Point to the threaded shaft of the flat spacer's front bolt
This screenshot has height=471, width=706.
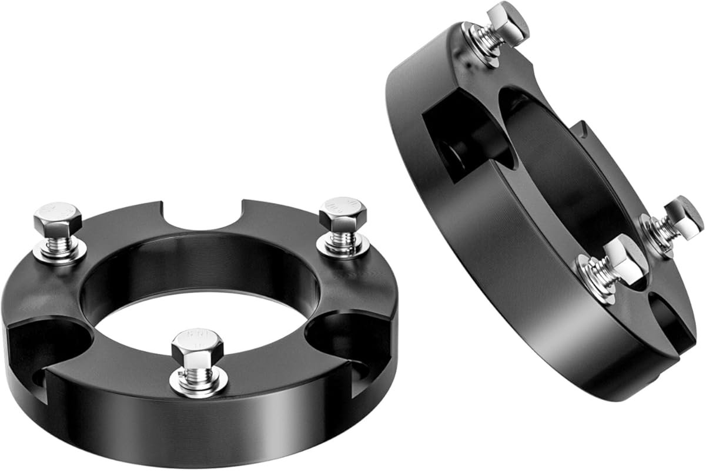click(198, 370)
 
